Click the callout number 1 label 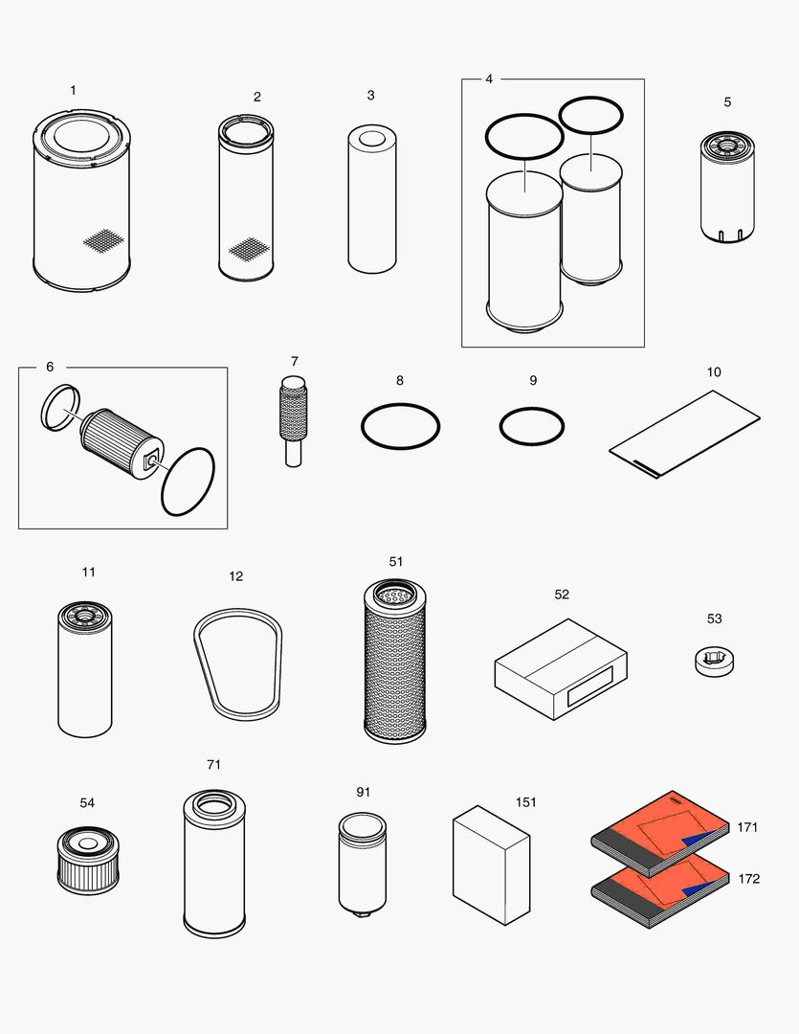coord(73,90)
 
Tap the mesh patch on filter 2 coord(246,249)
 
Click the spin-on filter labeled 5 coord(727,187)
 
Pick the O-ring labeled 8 coord(400,426)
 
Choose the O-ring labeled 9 coord(532,426)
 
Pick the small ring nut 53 coord(715,662)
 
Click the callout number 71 coord(213,764)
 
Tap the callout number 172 coord(748,878)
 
